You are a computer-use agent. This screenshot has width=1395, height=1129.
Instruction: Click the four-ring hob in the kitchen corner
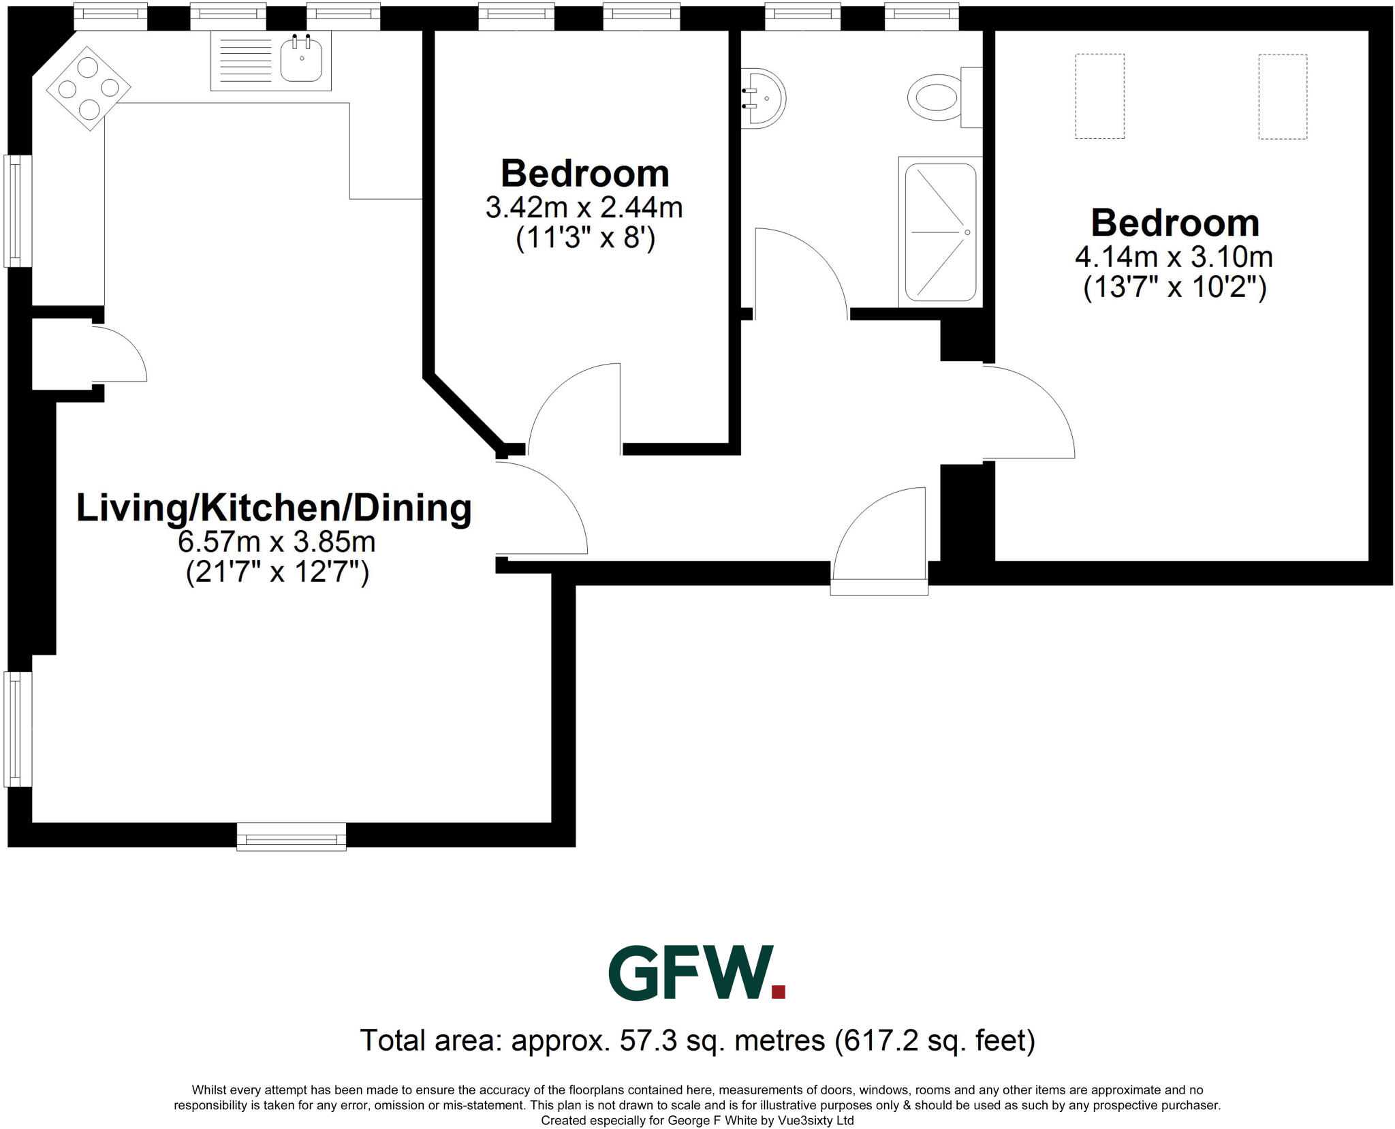89,88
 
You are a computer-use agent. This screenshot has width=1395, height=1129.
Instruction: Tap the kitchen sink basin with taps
302,60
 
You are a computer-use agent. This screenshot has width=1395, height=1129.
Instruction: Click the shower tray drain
967,232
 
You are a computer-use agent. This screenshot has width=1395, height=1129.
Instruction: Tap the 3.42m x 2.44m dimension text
584,207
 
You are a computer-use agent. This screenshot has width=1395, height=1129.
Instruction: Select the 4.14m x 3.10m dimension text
1174,257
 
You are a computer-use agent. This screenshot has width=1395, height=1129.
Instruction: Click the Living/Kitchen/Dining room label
274,508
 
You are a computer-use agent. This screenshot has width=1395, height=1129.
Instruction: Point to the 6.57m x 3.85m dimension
277,542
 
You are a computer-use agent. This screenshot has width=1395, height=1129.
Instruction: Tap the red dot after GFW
778,991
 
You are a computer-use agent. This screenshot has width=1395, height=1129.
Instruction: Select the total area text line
697,1040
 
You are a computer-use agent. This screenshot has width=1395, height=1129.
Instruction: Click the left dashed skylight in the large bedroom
1099,97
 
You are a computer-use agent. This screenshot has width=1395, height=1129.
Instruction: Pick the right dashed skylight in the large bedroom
1283,97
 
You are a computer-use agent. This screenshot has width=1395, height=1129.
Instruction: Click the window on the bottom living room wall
292,836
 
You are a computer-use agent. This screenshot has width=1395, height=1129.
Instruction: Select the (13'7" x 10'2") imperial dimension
1174,288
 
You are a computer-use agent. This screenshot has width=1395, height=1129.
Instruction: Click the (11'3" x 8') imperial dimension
585,238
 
